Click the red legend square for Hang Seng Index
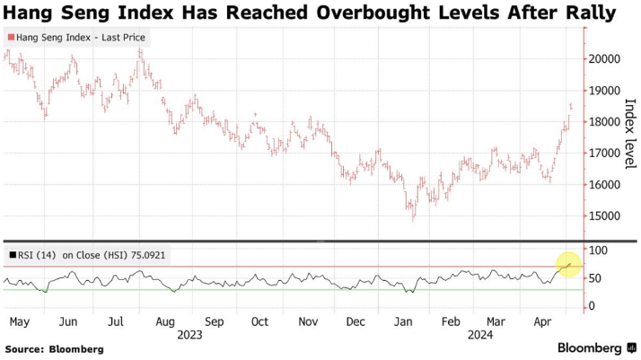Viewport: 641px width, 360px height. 11,38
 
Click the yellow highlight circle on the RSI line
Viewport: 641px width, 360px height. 568,265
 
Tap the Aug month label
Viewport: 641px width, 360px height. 166,320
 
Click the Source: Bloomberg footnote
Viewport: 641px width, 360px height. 54,348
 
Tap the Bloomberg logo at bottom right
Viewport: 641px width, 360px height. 590,347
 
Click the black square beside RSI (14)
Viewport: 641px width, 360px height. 11,255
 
